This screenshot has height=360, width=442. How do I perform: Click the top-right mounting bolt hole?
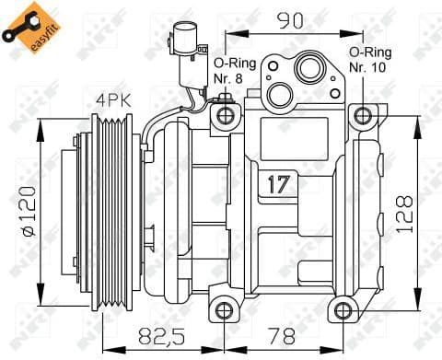365,115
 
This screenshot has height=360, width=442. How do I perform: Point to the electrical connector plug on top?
179,46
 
